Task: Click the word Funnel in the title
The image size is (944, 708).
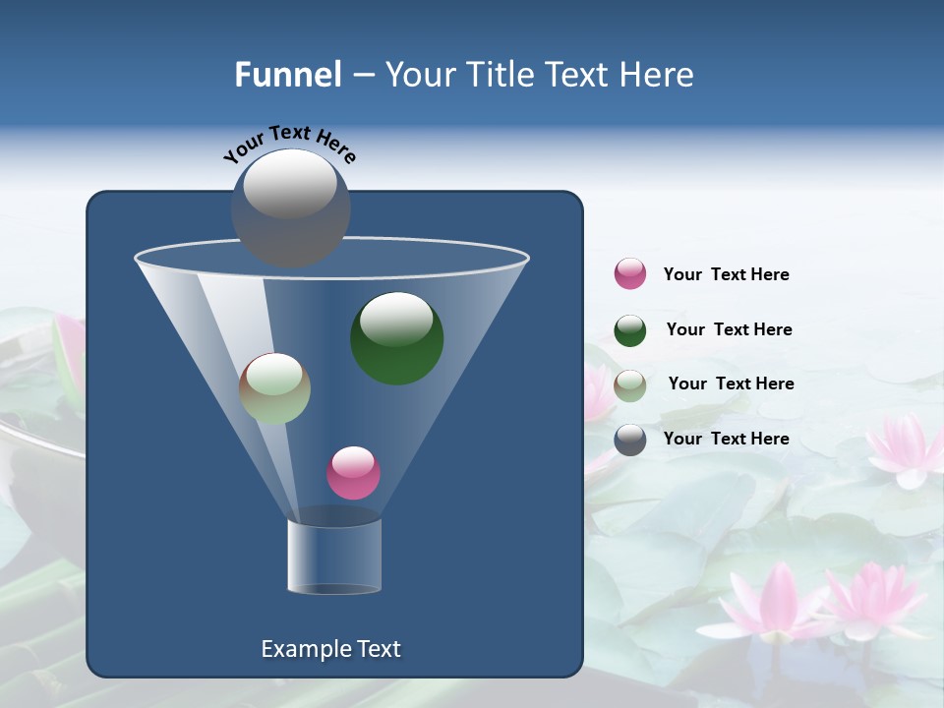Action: pyautogui.click(x=288, y=75)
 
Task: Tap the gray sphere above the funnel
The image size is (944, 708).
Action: pyautogui.click(x=290, y=207)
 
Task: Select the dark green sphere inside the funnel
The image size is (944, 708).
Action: pyautogui.click(x=396, y=337)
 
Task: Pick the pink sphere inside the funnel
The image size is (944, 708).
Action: pyautogui.click(x=353, y=472)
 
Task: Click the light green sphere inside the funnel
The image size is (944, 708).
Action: pyautogui.click(x=274, y=388)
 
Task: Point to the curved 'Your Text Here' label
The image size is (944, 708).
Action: pyautogui.click(x=290, y=144)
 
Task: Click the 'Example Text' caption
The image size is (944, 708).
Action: pyautogui.click(x=330, y=649)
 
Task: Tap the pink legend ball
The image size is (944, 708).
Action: pyautogui.click(x=630, y=273)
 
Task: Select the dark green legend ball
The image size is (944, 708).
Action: pyautogui.click(x=630, y=330)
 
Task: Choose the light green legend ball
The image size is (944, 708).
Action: pyautogui.click(x=630, y=384)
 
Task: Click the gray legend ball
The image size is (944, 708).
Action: pyautogui.click(x=630, y=439)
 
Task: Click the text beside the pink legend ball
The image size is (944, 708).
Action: pyautogui.click(x=726, y=274)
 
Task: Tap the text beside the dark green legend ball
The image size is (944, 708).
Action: pyautogui.click(x=729, y=329)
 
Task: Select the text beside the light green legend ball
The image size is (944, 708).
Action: pyautogui.click(x=731, y=383)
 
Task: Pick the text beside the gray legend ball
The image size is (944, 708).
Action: pyautogui.click(x=726, y=439)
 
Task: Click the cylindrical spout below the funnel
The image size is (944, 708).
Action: pyautogui.click(x=334, y=556)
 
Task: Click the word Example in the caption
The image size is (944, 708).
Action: pyautogui.click(x=304, y=649)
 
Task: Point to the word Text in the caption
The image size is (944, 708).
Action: pyautogui.click(x=377, y=649)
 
